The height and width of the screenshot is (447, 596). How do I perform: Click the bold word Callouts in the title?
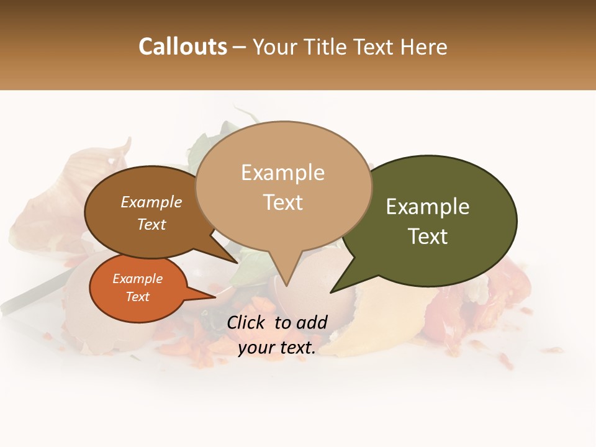point(183,47)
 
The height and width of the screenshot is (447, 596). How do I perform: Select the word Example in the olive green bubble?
point(428,207)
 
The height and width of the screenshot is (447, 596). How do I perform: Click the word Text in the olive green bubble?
point(428,237)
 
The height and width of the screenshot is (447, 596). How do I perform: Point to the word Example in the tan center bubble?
point(282,173)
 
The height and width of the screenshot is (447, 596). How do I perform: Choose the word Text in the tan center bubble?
point(282,202)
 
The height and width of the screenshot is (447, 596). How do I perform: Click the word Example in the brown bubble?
point(151,202)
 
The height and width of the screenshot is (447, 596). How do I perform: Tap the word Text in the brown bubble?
point(151,225)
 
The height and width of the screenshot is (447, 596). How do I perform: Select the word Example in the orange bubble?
point(137,279)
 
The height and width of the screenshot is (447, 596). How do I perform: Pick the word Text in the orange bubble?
point(137,297)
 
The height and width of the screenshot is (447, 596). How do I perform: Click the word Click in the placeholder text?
point(247,322)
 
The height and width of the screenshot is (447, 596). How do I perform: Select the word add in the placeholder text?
point(312,322)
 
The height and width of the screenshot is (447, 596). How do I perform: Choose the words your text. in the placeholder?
point(277,348)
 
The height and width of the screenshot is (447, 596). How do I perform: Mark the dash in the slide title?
point(240,47)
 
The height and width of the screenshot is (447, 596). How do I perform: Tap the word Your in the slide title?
point(274,47)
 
